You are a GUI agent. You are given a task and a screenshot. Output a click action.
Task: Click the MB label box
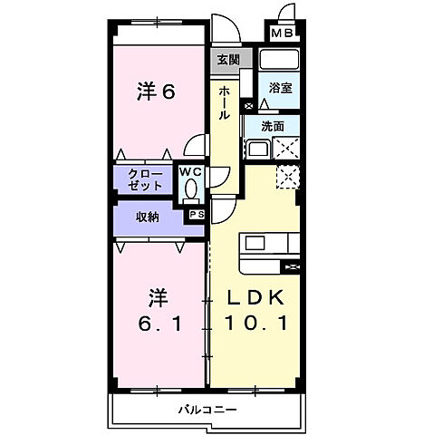pos(284,34)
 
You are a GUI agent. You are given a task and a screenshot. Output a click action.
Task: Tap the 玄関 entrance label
pos(227,60)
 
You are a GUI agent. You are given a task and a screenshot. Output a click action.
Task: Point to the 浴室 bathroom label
pos(279,89)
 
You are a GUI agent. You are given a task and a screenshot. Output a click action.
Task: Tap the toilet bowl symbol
pos(189,189)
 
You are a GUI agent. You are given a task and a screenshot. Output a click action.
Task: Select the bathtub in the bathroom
pos(278,61)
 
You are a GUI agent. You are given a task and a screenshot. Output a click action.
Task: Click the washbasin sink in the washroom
pos(256,149)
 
